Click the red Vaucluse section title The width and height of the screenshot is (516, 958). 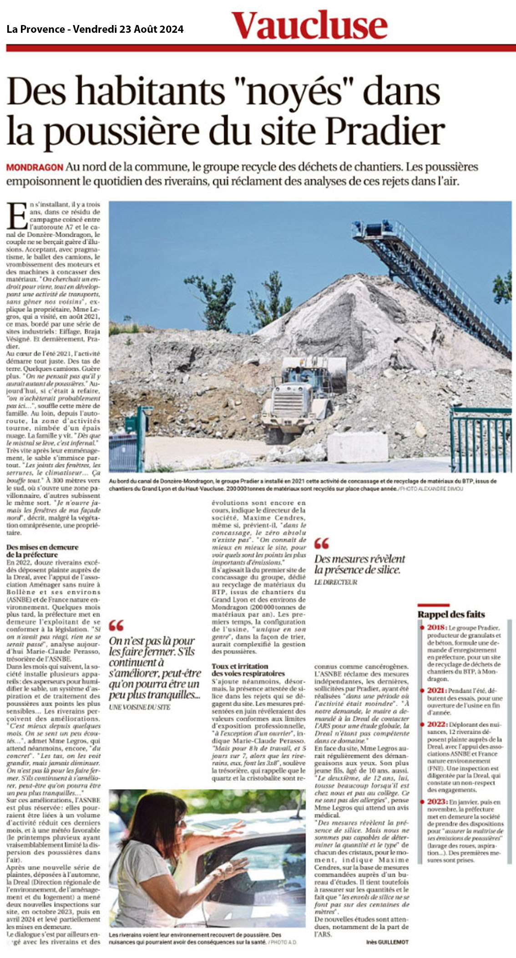tap(309, 25)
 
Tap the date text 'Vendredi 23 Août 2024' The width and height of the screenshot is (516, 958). tap(128, 30)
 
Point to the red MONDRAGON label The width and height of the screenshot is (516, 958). tap(35, 167)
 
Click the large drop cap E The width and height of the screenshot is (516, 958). tap(17, 216)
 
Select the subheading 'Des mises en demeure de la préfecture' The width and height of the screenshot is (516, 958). tap(42, 550)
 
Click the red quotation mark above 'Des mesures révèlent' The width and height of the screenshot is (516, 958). tap(321, 544)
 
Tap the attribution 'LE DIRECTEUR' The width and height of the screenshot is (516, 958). tap(335, 582)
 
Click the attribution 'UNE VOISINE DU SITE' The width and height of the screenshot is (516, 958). tap(139, 707)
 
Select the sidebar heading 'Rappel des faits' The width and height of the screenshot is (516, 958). tap(451, 614)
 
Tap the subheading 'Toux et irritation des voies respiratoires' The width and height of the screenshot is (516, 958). tap(248, 669)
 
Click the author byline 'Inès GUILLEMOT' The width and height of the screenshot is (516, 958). tap(387, 942)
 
